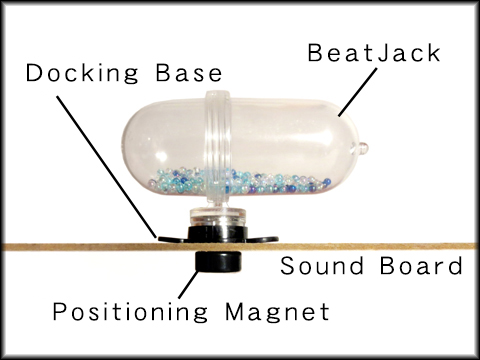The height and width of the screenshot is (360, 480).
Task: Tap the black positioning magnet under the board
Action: pyautogui.click(x=217, y=260)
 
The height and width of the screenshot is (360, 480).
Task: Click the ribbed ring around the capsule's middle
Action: pyautogui.click(x=219, y=140)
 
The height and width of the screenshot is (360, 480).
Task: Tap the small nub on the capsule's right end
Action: pyautogui.click(x=363, y=148)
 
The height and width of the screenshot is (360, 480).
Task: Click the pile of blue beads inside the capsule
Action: pyautogui.click(x=240, y=183)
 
